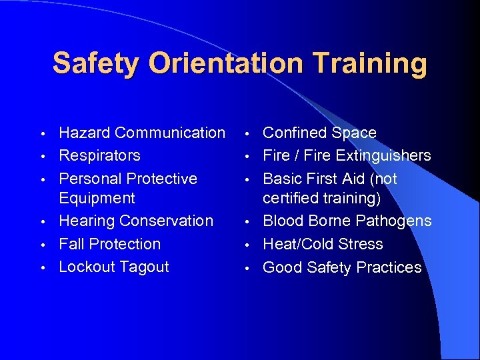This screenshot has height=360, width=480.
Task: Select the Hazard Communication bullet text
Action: [142, 133]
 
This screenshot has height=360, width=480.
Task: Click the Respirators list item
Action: [99, 155]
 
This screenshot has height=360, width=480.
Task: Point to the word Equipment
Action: [97, 198]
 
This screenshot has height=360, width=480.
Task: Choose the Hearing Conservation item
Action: [136, 221]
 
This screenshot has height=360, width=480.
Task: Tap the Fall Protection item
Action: [109, 244]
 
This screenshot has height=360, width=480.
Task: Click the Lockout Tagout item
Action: [114, 267]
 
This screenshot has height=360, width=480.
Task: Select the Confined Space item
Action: [319, 133]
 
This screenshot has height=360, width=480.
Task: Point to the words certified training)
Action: [321, 198]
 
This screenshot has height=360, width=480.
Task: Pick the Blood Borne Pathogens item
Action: [347, 221]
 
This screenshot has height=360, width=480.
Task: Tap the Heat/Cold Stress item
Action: [323, 244]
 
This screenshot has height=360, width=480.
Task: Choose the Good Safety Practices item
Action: [342, 267]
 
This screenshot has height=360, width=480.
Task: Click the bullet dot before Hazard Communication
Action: [42, 134]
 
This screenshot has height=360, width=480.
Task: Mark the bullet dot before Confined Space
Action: [246, 134]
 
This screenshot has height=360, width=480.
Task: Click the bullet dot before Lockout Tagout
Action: [42, 268]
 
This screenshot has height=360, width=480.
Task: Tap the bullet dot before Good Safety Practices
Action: [246, 269]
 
